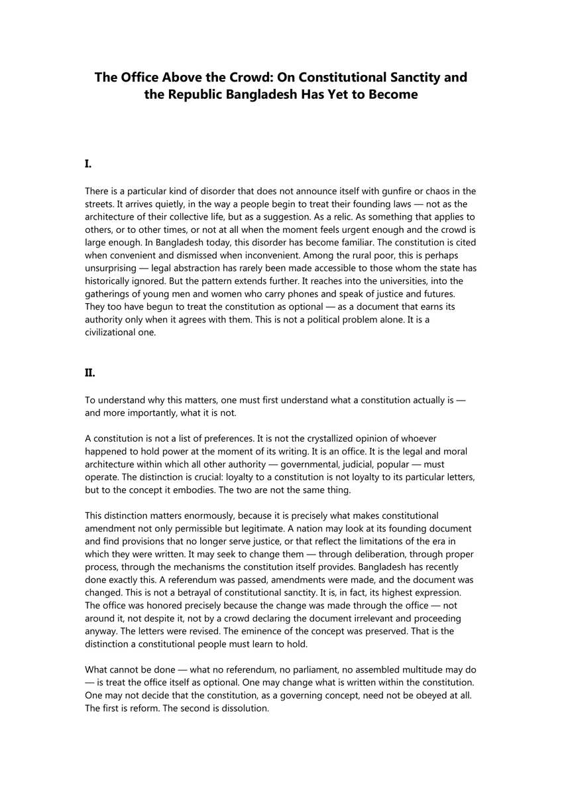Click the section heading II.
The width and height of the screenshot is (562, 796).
pyautogui.click(x=90, y=373)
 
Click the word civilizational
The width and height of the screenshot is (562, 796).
pyautogui.click(x=114, y=332)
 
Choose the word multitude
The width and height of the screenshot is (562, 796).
pyautogui.click(x=421, y=669)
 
